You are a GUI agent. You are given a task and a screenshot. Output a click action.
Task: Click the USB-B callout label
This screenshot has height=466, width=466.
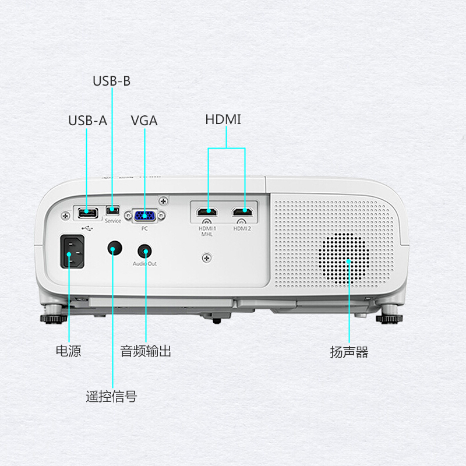pyautogui.click(x=111, y=81)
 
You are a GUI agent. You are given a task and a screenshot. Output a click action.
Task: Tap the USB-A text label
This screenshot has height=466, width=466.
pyautogui.click(x=88, y=121)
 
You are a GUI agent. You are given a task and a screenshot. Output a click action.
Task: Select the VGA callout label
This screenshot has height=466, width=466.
pyautogui.click(x=144, y=121)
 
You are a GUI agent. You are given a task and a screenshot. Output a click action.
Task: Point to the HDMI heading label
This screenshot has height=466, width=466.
pyautogui.click(x=223, y=119)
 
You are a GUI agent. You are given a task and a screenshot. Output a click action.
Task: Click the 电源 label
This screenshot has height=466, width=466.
pyautogui.click(x=68, y=351)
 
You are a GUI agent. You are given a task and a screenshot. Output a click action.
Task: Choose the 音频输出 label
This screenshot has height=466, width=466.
pyautogui.click(x=146, y=351)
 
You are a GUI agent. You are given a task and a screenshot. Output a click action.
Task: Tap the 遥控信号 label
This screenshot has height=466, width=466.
pyautogui.click(x=111, y=397)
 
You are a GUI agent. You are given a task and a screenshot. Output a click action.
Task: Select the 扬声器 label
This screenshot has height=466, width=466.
pyautogui.click(x=349, y=352)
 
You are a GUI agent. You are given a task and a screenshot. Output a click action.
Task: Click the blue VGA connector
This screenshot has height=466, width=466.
pyautogui.click(x=144, y=216)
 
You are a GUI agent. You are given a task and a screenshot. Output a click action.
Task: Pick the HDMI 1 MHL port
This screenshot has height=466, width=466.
pyautogui.click(x=207, y=212)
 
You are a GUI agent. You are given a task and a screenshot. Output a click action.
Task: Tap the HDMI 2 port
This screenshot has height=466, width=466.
pyautogui.click(x=242, y=212)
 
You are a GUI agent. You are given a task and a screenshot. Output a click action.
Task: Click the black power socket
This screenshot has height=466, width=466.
pyautogui.click(x=72, y=252)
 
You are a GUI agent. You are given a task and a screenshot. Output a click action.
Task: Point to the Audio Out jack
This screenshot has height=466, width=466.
pyautogui.click(x=144, y=251)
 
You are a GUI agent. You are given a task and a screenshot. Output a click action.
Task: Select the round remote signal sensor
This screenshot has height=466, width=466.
pyautogui.click(x=115, y=248)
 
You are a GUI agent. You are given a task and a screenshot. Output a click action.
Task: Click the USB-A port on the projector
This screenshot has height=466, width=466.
pyautogui.click(x=88, y=213)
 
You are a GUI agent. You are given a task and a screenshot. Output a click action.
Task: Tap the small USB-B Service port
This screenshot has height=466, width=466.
pyautogui.click(x=112, y=210)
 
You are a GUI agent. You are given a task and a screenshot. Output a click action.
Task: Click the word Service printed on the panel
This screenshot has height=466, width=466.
pyautogui.click(x=113, y=221)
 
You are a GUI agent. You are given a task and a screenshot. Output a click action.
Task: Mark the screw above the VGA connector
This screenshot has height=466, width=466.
pyautogui.click(x=163, y=201)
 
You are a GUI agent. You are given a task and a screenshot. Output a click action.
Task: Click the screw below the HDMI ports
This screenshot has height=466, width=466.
pyautogui.click(x=207, y=257)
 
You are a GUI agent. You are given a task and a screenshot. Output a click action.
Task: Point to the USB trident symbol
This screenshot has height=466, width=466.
pyautogui.click(x=87, y=228)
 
